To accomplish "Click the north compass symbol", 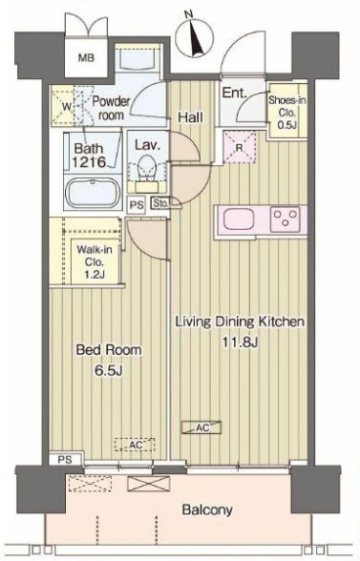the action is tap(195, 37).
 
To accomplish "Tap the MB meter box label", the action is tap(86, 57).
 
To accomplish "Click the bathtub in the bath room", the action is tap(94, 193).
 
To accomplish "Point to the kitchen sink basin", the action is tap(239, 219).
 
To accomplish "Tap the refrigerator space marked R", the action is tap(240, 147).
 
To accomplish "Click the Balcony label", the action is tap(207, 509).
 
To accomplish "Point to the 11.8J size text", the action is tap(241, 343).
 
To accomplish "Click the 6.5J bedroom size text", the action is tap(108, 370).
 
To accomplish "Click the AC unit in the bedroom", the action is tap(135, 445).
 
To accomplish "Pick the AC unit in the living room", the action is tap(201, 427).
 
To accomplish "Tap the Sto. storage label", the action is tap(160, 204).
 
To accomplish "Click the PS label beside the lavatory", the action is tap(137, 205).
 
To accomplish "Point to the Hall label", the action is tap(191, 117).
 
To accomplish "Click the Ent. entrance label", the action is tap(235, 93).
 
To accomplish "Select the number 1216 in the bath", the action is tap(89, 162).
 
